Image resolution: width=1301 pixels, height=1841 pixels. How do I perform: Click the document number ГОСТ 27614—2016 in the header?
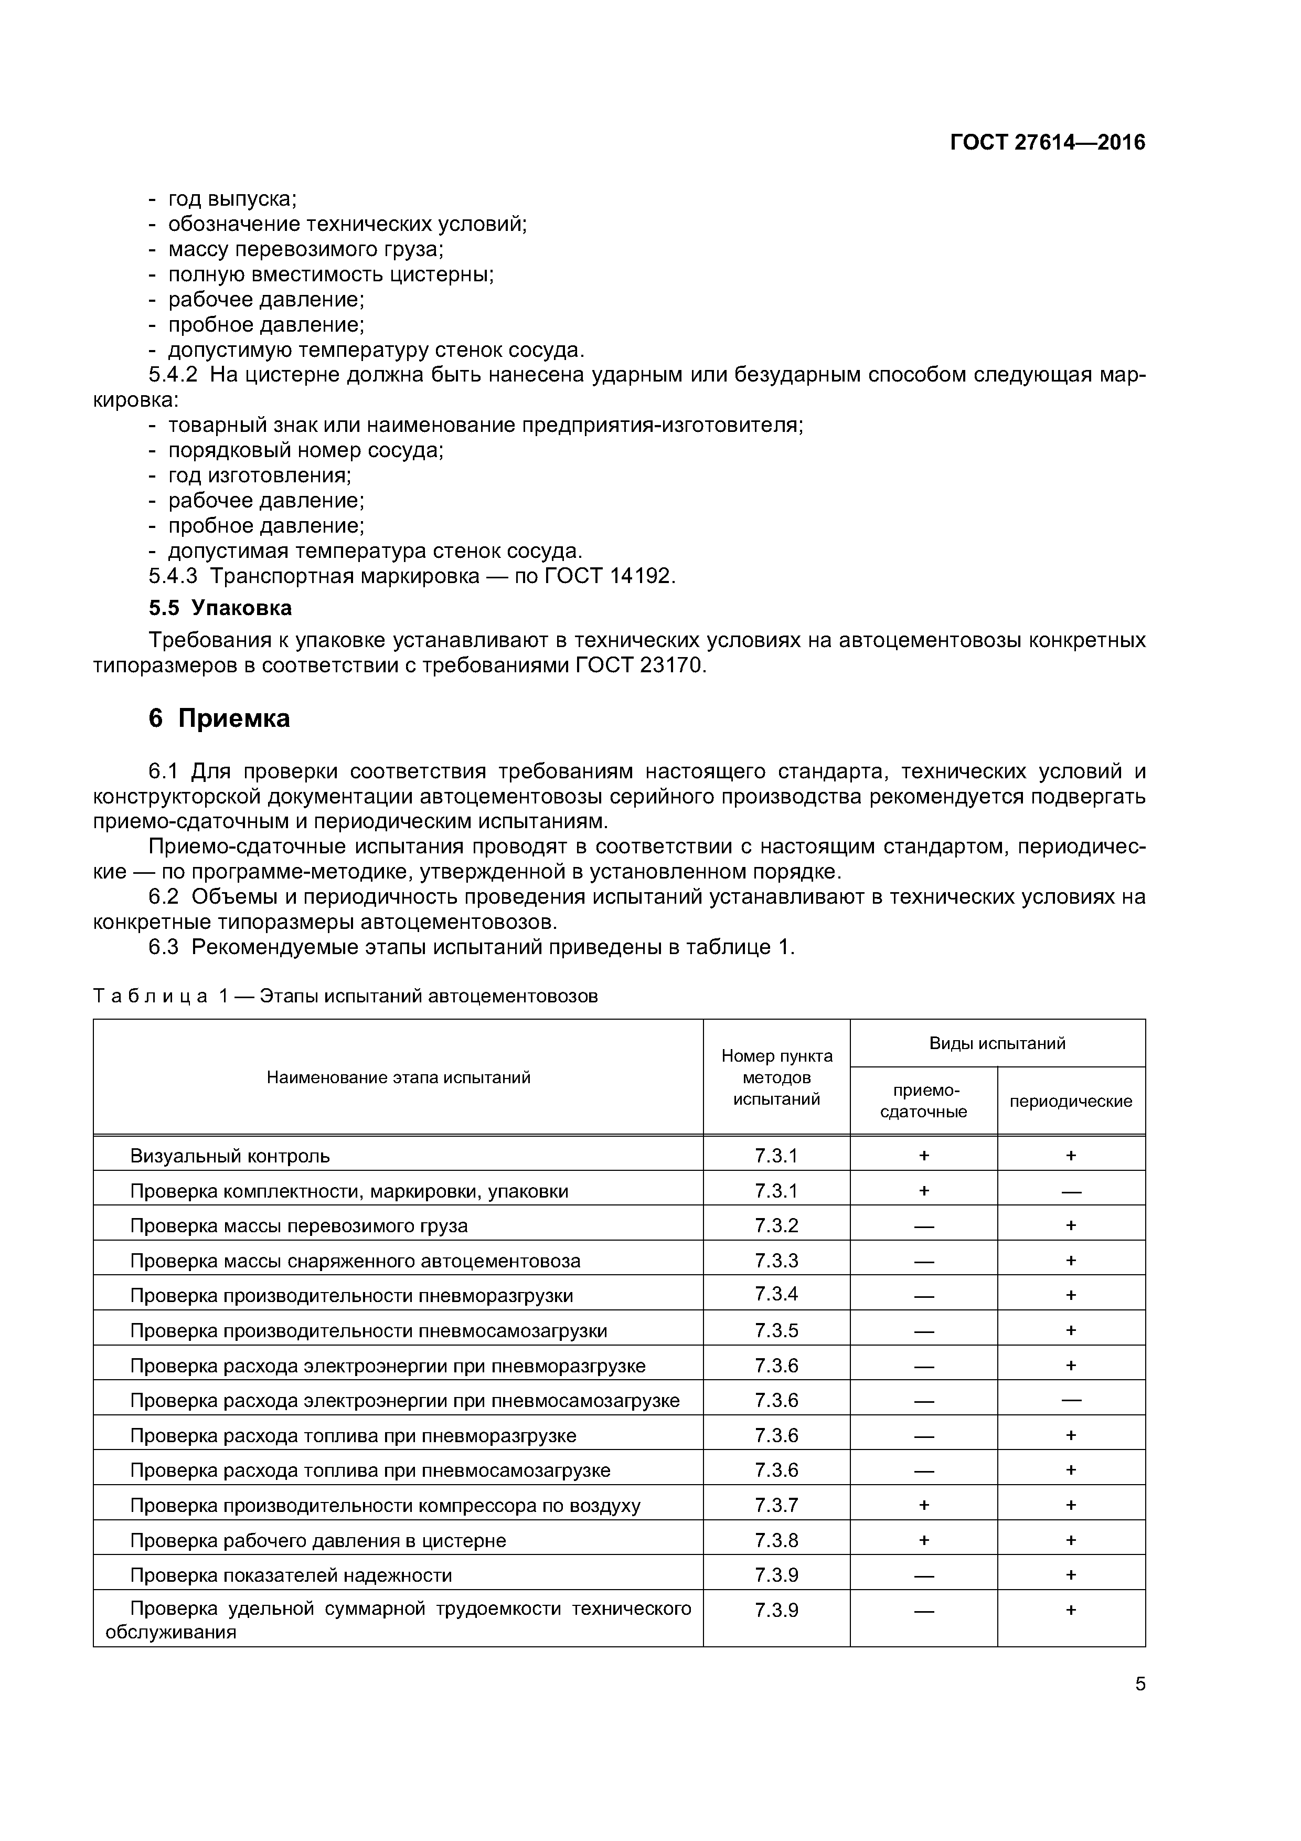coord(1047,143)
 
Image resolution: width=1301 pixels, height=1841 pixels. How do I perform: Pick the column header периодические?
coord(1070,1101)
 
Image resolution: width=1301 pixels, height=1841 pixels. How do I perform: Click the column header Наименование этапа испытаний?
coord(398,1077)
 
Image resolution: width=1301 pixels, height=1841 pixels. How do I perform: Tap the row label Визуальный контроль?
coord(230,1156)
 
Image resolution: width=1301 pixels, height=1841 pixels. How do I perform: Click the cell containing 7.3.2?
coord(776,1225)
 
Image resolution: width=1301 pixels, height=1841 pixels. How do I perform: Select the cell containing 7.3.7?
coord(776,1505)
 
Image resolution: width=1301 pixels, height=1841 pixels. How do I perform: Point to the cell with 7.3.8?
coord(776,1540)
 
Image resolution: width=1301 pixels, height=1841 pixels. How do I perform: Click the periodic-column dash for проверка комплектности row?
coord(1070,1191)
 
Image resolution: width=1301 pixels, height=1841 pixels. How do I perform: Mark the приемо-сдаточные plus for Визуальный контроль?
coord(923,1156)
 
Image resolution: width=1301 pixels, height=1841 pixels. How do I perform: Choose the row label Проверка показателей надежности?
coord(291,1575)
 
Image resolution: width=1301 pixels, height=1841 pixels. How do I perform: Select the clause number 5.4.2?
coord(173,375)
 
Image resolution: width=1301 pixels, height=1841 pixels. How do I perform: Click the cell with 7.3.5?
coord(776,1330)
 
